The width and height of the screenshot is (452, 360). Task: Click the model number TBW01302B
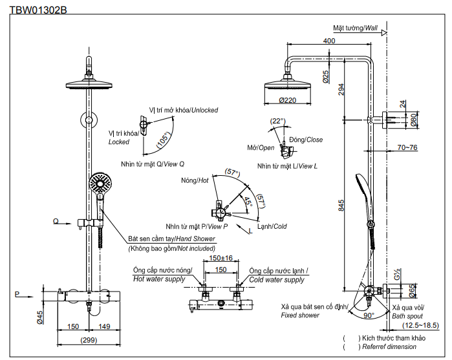pyautogui.click(x=38, y=10)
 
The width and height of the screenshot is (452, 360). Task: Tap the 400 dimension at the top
pyautogui.click(x=329, y=41)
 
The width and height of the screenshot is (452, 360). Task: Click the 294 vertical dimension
pyautogui.click(x=342, y=90)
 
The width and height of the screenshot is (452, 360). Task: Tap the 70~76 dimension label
pyautogui.click(x=407, y=148)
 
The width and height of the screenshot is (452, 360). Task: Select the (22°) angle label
pyautogui.click(x=277, y=121)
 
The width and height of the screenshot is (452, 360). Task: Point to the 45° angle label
pyautogui.click(x=249, y=201)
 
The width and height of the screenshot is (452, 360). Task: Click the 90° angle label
pyautogui.click(x=369, y=315)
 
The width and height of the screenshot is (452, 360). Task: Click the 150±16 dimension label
pyautogui.click(x=221, y=258)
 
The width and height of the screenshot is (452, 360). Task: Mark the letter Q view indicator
pyautogui.click(x=56, y=222)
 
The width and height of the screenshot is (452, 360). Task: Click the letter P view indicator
pyautogui.click(x=17, y=294)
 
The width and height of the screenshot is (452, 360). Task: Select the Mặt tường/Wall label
pyautogui.click(x=355, y=28)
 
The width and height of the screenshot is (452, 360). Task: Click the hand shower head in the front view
pyautogui.click(x=100, y=183)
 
